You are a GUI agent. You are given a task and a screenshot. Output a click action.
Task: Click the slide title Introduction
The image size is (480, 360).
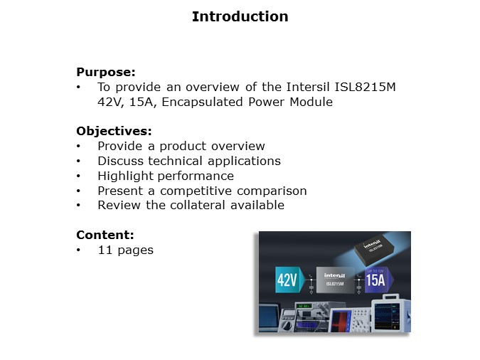240,16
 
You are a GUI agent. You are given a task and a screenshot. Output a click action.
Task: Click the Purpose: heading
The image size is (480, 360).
105,72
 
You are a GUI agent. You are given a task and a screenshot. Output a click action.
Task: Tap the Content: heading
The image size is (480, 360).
105,235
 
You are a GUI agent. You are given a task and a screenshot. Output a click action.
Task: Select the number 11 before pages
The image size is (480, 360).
105,250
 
